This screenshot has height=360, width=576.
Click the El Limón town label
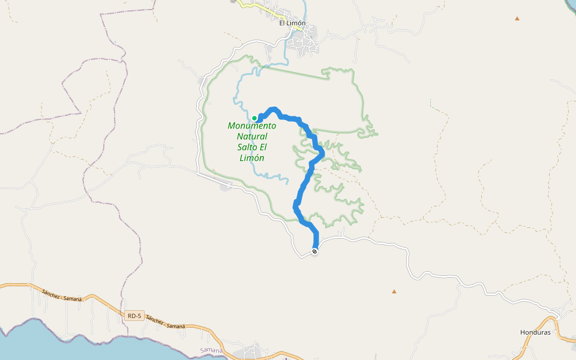click(x=292, y=23)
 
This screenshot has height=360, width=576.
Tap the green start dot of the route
click(x=254, y=118)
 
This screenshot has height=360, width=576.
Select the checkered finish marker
click(x=314, y=251)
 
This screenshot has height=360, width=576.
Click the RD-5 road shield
click(x=135, y=316)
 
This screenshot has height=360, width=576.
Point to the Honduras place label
click(x=535, y=332)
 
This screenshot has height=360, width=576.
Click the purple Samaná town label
click(x=211, y=350)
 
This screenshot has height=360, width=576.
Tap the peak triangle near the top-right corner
click(x=517, y=19)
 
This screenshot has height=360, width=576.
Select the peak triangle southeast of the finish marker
click(x=394, y=292)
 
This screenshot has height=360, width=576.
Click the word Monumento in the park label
click(x=252, y=126)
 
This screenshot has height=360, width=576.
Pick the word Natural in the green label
click(x=252, y=137)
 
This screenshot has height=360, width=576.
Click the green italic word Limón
click(x=252, y=158)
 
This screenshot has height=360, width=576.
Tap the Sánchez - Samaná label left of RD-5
click(x=62, y=295)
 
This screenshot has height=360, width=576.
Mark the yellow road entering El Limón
click(x=252, y=5)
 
